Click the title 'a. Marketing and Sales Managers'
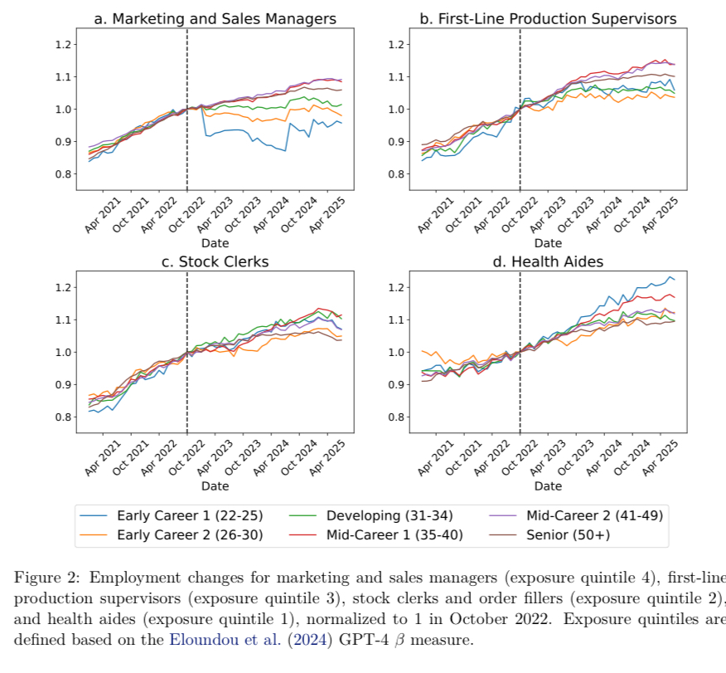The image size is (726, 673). (215, 18)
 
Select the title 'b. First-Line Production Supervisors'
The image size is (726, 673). (548, 18)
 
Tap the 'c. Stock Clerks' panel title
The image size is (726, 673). (215, 261)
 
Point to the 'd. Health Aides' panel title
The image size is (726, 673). (548, 261)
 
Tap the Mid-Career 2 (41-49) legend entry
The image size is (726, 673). (594, 516)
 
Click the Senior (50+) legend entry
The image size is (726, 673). (568, 535)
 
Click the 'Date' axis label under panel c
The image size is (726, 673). (215, 485)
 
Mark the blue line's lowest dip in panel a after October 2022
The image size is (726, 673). (285, 151)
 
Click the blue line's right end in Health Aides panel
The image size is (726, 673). (674, 280)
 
